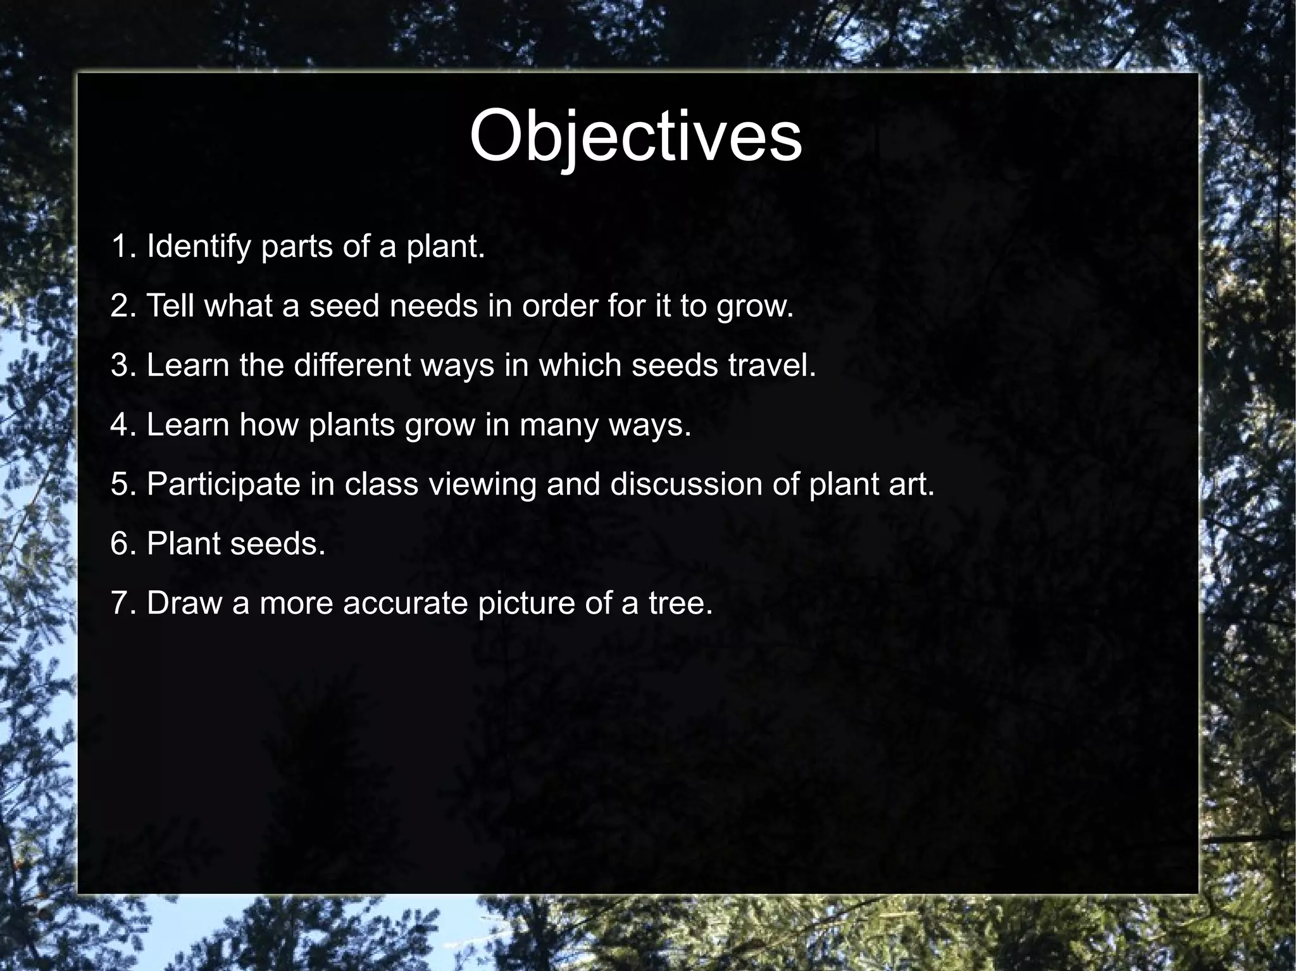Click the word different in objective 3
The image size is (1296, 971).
352,366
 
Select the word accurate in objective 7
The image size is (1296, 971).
405,603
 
